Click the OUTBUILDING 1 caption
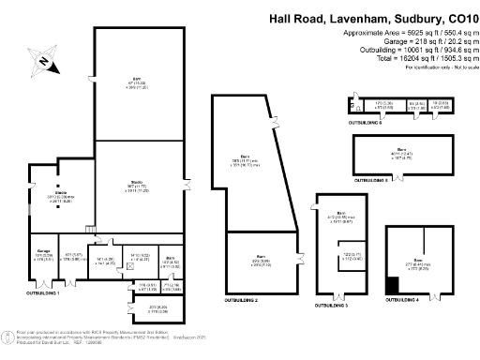coord(44,292)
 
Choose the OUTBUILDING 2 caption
coord(241,300)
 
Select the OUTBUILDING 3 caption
coord(333,306)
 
